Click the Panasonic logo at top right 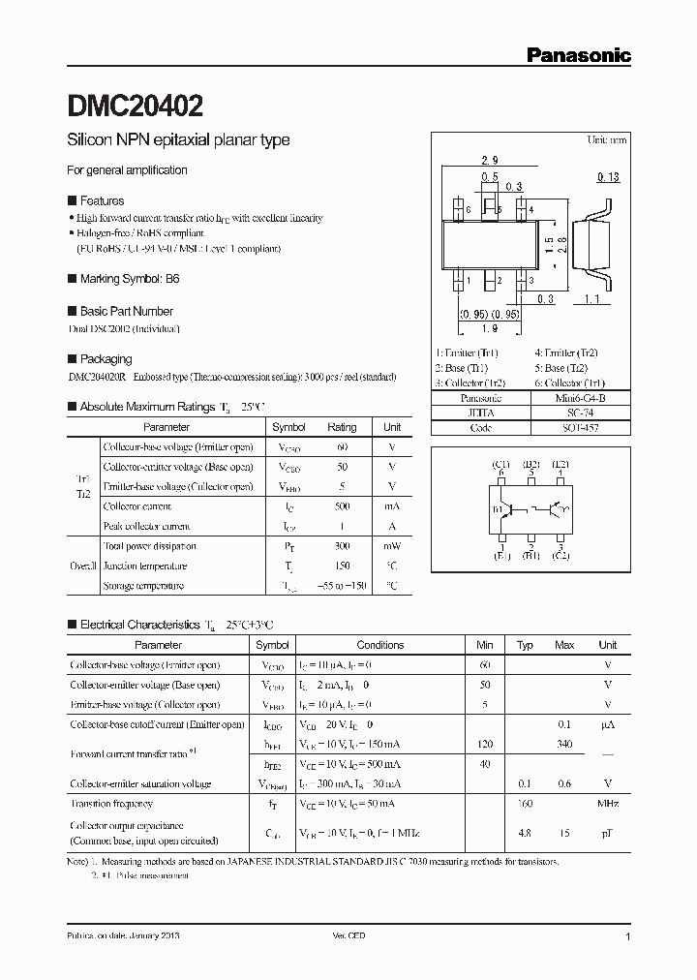pos(578,55)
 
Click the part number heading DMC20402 pos(135,104)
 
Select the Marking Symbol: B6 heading pos(129,278)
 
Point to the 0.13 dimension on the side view pos(609,176)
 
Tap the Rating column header pos(342,427)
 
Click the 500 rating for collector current pos(342,506)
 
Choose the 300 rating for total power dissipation pos(342,547)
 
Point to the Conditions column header pos(380,645)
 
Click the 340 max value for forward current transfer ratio pos(564,744)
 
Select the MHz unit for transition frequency pos(607,804)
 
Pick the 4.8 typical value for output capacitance pos(525,831)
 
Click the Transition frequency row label pos(111,804)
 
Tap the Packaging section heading pos(106,358)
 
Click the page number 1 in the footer pos(628,937)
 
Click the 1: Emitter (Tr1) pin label pos(468,354)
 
